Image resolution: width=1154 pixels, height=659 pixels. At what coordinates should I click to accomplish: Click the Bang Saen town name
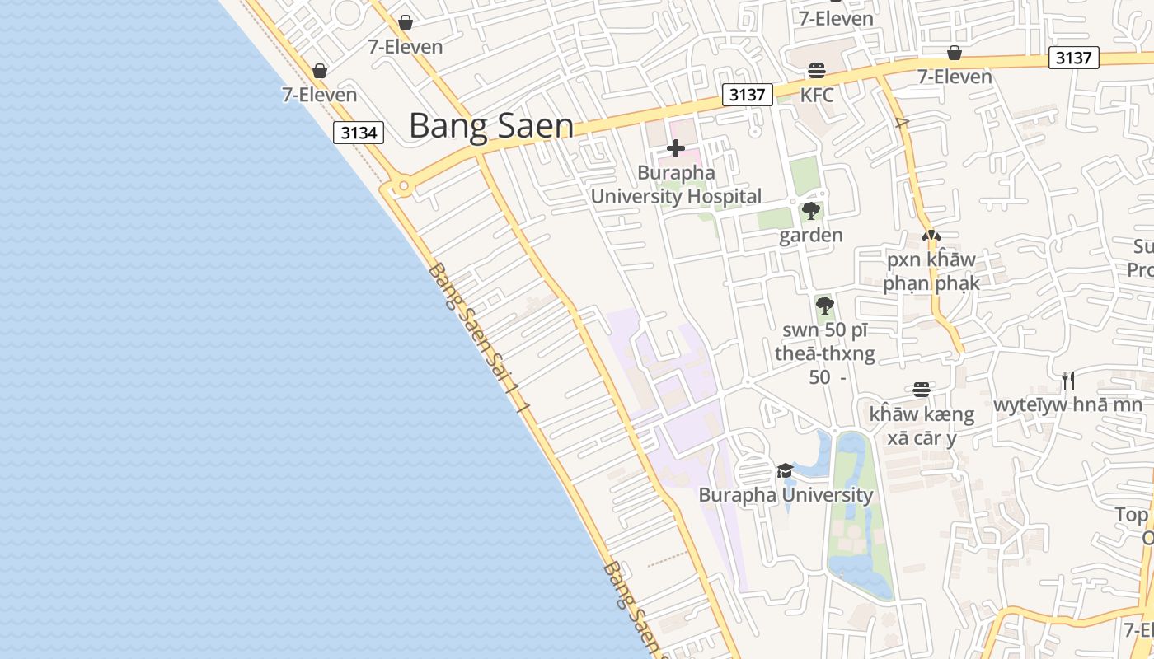click(491, 126)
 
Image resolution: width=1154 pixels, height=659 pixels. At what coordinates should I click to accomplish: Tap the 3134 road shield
click(359, 133)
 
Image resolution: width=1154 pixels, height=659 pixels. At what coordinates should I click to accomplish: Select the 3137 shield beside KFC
click(747, 95)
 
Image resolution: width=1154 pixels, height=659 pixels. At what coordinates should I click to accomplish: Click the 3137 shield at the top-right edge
click(1073, 58)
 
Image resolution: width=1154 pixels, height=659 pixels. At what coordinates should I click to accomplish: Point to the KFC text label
click(817, 96)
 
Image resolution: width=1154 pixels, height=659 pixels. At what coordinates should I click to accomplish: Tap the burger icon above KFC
click(817, 71)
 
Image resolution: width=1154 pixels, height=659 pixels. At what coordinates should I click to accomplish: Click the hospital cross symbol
click(676, 148)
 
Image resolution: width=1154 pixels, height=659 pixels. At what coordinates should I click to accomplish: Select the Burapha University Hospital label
click(676, 185)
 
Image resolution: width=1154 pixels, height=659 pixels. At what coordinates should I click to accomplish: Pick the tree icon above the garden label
click(811, 211)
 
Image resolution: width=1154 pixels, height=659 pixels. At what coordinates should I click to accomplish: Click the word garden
click(811, 236)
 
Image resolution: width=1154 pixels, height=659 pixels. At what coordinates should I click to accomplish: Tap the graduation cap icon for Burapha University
click(785, 470)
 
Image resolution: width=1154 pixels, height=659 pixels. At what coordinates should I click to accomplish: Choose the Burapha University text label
click(786, 495)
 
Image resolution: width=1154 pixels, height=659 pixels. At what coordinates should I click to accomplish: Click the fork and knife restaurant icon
click(1067, 380)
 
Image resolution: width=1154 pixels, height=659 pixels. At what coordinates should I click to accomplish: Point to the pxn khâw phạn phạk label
click(931, 272)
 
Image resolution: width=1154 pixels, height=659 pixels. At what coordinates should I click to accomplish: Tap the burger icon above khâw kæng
click(922, 389)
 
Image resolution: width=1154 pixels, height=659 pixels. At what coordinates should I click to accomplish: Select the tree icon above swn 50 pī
click(824, 306)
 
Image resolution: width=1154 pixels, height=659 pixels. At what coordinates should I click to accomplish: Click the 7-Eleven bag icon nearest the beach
click(320, 71)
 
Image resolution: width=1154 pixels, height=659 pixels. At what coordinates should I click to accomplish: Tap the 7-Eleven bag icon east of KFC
click(955, 53)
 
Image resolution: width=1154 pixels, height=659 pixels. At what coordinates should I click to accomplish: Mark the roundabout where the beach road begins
click(403, 187)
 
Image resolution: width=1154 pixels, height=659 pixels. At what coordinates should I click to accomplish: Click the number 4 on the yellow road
click(902, 124)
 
